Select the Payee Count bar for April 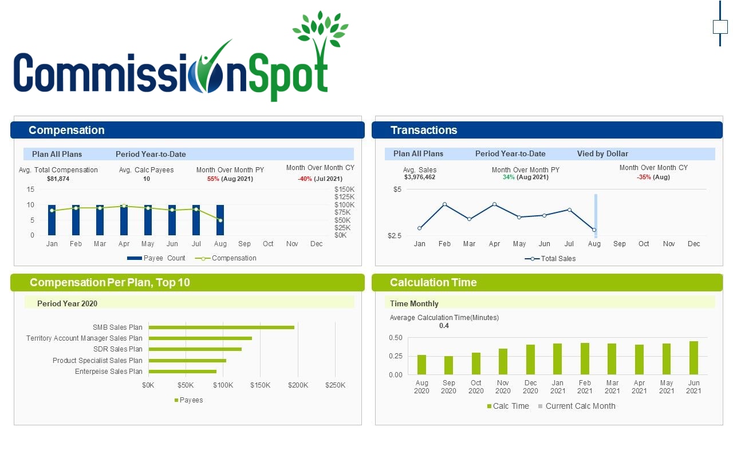[x=124, y=220]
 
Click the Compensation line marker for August [x=220, y=220]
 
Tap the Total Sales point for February [x=444, y=204]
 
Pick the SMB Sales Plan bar [x=221, y=327]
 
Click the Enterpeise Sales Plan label [x=108, y=372]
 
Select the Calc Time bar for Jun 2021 [x=693, y=358]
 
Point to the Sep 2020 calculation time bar [x=448, y=365]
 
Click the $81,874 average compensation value [x=58, y=179]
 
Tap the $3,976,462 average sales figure [x=419, y=177]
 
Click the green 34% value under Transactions [x=509, y=177]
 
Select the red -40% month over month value [x=304, y=179]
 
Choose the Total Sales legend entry [x=550, y=259]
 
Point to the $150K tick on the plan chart [x=260, y=385]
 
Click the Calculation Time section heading [x=433, y=282]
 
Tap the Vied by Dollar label [x=602, y=153]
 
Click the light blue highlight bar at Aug [x=596, y=216]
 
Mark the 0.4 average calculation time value [x=444, y=326]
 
